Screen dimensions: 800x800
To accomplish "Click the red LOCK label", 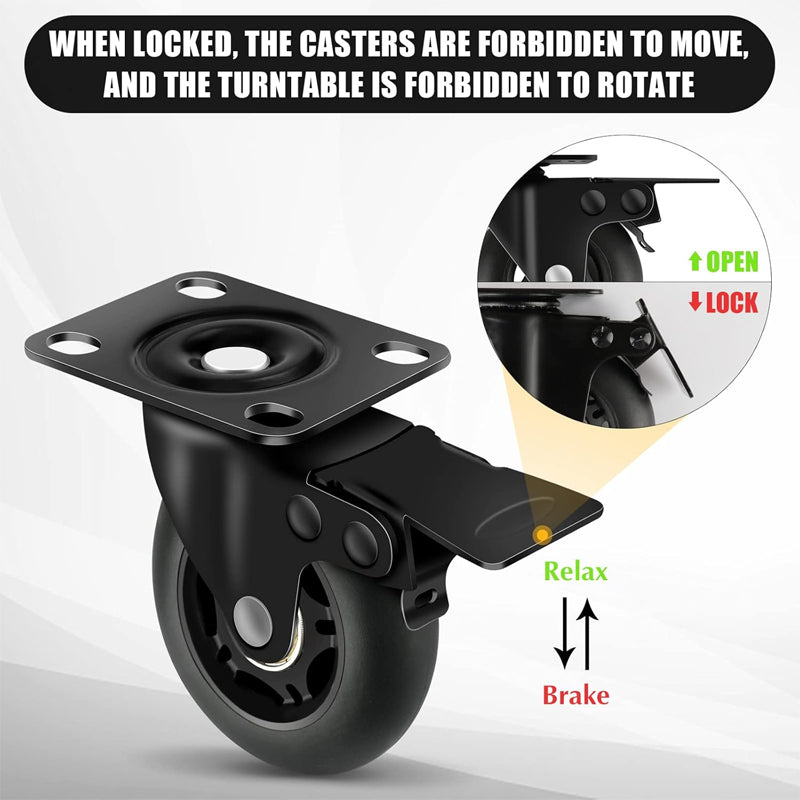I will point(732,302).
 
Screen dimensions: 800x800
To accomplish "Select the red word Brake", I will point(575,694).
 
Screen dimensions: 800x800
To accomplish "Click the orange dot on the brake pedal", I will point(541,533).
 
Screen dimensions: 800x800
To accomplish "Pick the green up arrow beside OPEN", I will point(694,262).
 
